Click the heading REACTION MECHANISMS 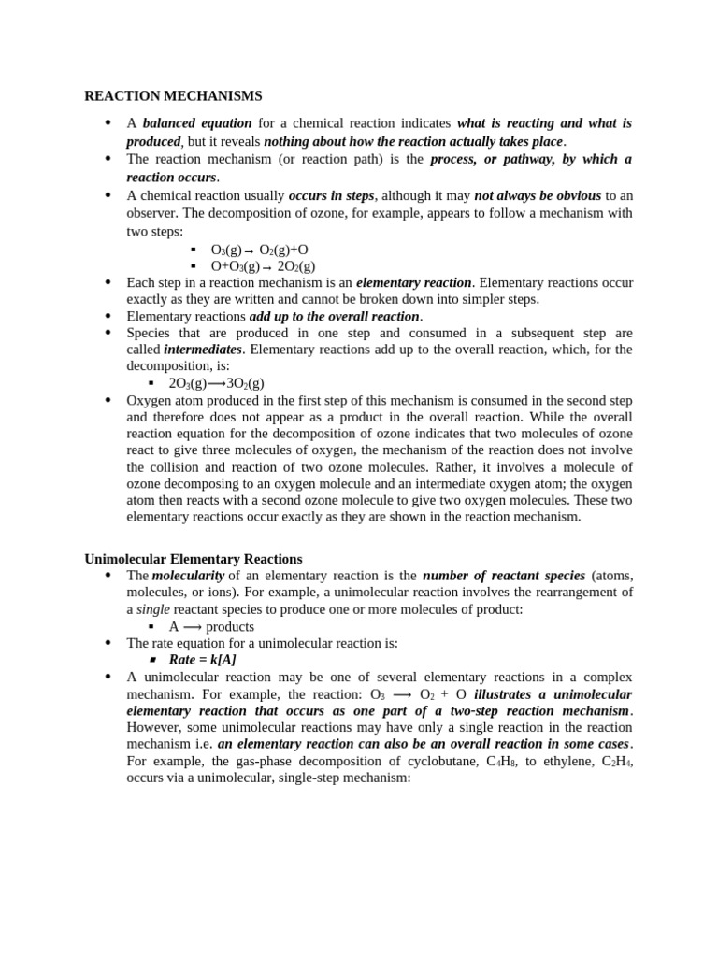pyautogui.click(x=173, y=95)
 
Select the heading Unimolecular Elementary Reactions pyautogui.click(x=194, y=559)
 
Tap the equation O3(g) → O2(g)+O pyautogui.click(x=259, y=250)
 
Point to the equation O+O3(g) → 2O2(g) pyautogui.click(x=263, y=266)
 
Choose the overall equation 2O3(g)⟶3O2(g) pyautogui.click(x=216, y=383)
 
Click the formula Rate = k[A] pyautogui.click(x=203, y=660)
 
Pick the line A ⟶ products pyautogui.click(x=211, y=626)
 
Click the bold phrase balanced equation pyautogui.click(x=197, y=123)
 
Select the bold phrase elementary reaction pyautogui.click(x=414, y=282)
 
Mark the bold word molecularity pyautogui.click(x=188, y=576)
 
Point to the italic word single pyautogui.click(x=153, y=609)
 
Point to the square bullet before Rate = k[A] pyautogui.click(x=153, y=660)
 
